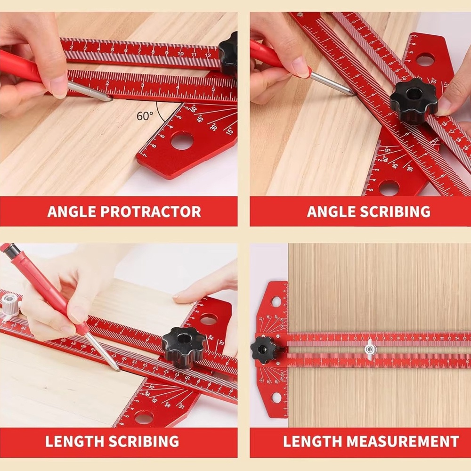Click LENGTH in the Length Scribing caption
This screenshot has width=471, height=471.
coord(75,442)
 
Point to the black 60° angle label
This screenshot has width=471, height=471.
coord(144,116)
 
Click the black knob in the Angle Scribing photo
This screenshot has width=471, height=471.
coord(413,101)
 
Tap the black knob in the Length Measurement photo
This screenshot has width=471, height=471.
coord(265,349)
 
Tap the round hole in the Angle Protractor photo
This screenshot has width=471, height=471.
coord(182,140)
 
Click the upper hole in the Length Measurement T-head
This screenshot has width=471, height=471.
coord(276,301)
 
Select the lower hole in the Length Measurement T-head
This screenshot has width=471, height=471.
coord(276,398)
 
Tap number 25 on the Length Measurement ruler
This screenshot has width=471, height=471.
coord(463,338)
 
